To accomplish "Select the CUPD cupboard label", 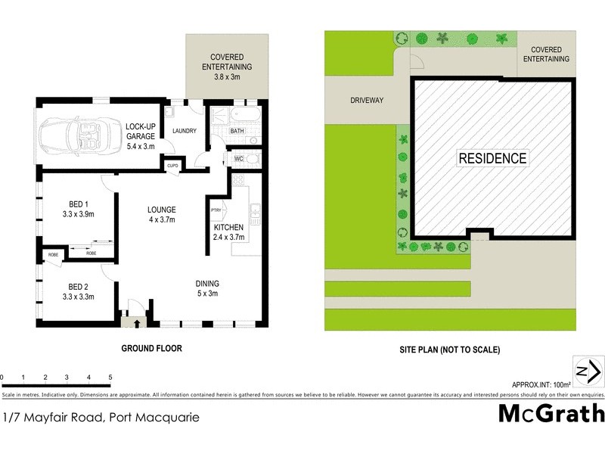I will point(172,165).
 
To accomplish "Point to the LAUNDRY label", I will point(185,131).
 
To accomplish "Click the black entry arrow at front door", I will point(136,325).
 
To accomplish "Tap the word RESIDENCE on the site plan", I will point(492,158).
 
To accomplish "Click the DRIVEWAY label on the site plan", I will point(368,99).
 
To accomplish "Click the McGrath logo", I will point(551,413).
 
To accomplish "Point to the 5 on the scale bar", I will point(110,377).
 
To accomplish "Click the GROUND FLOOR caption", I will point(152,349).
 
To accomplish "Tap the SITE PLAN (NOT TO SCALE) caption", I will point(449,350).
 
